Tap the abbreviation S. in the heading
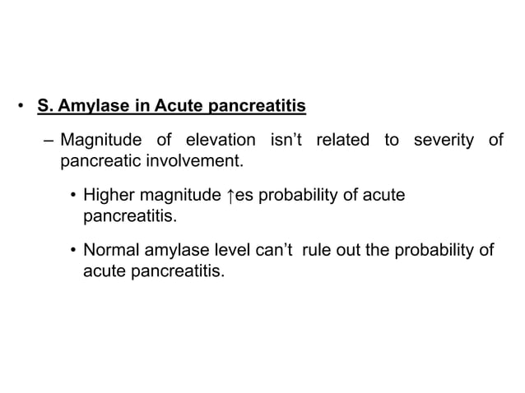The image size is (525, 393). click(x=43, y=107)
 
